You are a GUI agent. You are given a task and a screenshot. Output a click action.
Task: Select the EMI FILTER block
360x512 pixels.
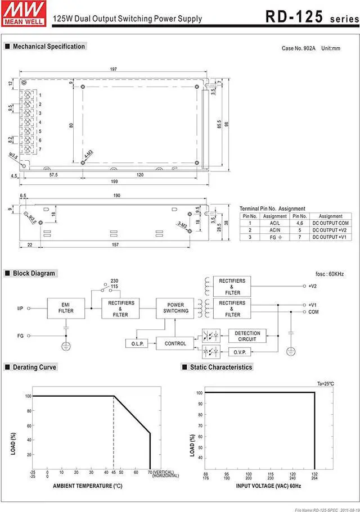(66, 307)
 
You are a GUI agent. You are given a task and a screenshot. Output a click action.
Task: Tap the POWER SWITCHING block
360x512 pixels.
(176, 307)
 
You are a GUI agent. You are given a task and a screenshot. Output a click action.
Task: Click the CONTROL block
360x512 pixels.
(175, 343)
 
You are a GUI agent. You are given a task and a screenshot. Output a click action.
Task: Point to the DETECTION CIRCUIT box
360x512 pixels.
(247, 336)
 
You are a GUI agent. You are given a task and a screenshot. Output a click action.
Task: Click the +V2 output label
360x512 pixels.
(313, 286)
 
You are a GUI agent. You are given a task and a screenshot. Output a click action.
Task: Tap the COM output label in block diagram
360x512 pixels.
(314, 311)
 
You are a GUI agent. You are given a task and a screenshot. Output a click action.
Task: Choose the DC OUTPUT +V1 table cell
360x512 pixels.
(330, 237)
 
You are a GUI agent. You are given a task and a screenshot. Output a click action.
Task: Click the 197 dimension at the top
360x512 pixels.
(113, 69)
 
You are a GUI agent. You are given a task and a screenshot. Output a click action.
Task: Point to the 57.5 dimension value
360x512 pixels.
(53, 175)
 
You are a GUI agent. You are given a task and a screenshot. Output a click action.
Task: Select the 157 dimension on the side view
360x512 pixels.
(114, 244)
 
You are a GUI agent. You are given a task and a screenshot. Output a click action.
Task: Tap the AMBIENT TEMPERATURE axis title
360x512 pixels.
(87, 486)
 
